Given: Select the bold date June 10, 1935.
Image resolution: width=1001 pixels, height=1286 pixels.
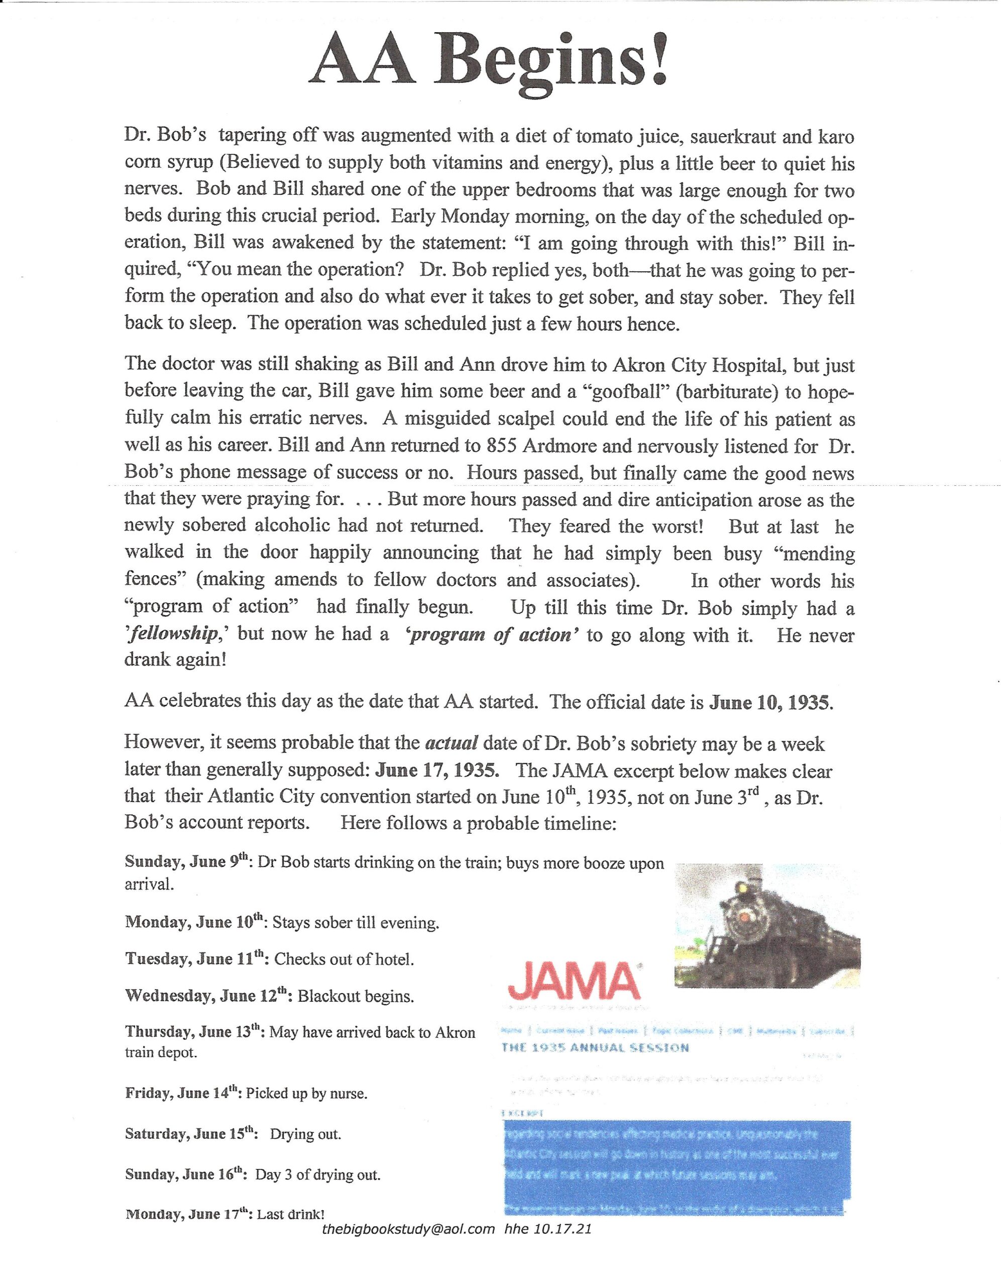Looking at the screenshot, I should (x=771, y=702).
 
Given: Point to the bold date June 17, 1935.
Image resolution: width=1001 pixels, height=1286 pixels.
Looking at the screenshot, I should (x=437, y=770).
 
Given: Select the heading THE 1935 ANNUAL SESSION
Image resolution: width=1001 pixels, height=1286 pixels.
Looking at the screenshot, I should (x=595, y=1047).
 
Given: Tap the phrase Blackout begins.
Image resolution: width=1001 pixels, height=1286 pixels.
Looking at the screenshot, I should (x=356, y=996).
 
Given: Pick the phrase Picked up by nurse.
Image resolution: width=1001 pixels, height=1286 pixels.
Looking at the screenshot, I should (x=307, y=1094).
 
